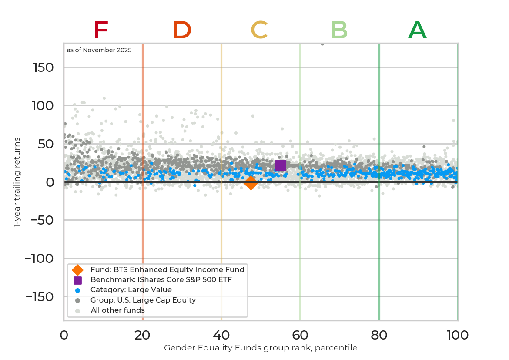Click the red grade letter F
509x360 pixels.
(100, 31)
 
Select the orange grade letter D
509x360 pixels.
(182, 31)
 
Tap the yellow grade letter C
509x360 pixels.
(259, 31)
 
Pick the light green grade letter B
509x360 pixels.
(339, 31)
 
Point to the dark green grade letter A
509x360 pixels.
(417, 31)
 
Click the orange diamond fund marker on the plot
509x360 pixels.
(251, 183)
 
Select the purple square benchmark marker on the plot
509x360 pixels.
(281, 165)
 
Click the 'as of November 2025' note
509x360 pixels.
(99, 50)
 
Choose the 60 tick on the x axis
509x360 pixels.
(300, 336)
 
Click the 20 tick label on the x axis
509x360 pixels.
(142, 336)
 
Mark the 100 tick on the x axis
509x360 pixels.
(457, 336)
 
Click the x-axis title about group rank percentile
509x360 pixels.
(261, 348)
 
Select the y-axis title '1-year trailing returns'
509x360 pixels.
(17, 182)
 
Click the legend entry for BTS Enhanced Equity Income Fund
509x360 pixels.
(167, 270)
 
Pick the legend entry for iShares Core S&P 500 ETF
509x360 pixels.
(161, 280)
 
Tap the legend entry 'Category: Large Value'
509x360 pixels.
(131, 290)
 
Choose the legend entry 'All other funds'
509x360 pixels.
(117, 310)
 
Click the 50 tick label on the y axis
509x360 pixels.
(45, 144)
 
